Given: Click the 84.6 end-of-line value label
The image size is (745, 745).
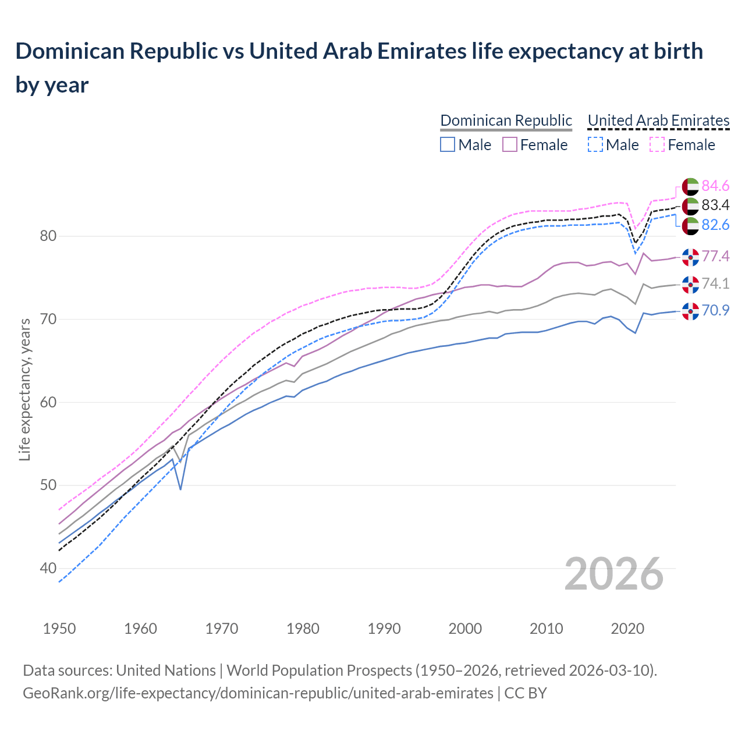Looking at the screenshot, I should point(715,186).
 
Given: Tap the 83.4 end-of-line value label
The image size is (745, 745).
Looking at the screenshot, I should point(715,205).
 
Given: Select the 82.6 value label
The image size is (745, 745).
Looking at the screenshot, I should point(715,225).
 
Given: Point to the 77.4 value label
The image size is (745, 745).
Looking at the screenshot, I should point(715,256).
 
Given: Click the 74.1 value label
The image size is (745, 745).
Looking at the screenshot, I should point(715,283).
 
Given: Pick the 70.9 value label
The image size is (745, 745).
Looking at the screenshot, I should point(715,310).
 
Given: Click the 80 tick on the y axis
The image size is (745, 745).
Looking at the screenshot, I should point(48,236).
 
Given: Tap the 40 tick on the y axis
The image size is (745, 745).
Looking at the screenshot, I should point(48,568).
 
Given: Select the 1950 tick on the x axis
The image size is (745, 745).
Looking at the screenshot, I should point(59,629).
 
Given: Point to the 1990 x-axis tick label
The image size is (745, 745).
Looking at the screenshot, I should point(384,629).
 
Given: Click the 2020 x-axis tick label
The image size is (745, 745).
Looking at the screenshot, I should point(627,629).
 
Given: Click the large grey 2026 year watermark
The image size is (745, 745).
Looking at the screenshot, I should point(613,574).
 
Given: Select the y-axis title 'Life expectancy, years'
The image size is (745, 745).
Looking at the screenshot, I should point(25,389).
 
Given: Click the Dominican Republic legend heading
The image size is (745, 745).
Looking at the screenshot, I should point(506,120).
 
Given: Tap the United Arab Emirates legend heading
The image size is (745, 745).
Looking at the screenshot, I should point(658,120).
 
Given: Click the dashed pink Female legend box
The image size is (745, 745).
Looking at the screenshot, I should point(657,144).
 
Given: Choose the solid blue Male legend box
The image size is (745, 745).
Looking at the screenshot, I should point(447,144).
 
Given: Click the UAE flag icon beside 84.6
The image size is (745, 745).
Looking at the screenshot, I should point(690,186).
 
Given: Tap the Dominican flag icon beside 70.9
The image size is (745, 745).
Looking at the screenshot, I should point(690,311).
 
